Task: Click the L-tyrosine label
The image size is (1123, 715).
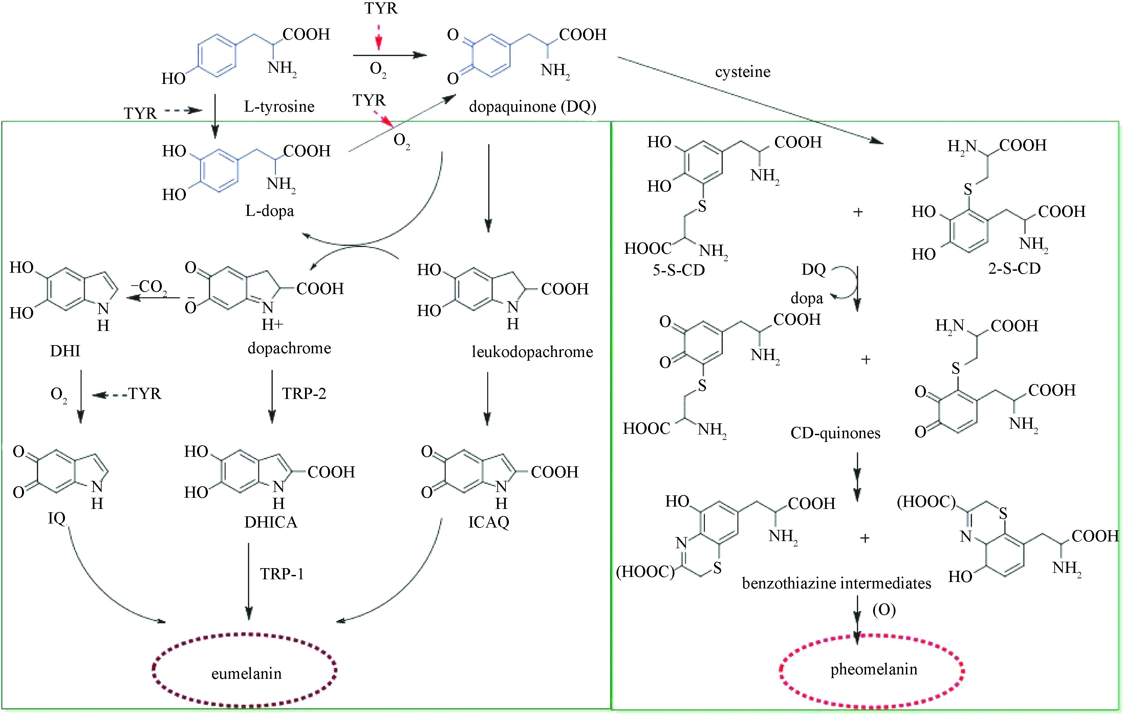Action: click(279, 107)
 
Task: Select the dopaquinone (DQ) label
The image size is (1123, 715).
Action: click(532, 107)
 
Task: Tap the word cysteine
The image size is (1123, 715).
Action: click(742, 72)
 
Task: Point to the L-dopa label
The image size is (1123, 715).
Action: click(269, 211)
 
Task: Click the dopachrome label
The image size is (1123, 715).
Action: click(289, 348)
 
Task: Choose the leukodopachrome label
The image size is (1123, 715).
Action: click(532, 352)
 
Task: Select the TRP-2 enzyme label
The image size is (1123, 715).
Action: click(304, 394)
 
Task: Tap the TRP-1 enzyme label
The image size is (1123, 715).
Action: click(282, 574)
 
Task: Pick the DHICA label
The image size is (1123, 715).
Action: click(271, 522)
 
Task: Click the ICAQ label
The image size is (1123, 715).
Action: click(488, 522)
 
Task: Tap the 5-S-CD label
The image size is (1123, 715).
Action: click(678, 270)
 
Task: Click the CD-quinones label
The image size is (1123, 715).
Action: click(835, 433)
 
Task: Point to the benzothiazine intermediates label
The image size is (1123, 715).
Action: click(836, 583)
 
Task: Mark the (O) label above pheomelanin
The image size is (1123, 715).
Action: click(884, 610)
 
